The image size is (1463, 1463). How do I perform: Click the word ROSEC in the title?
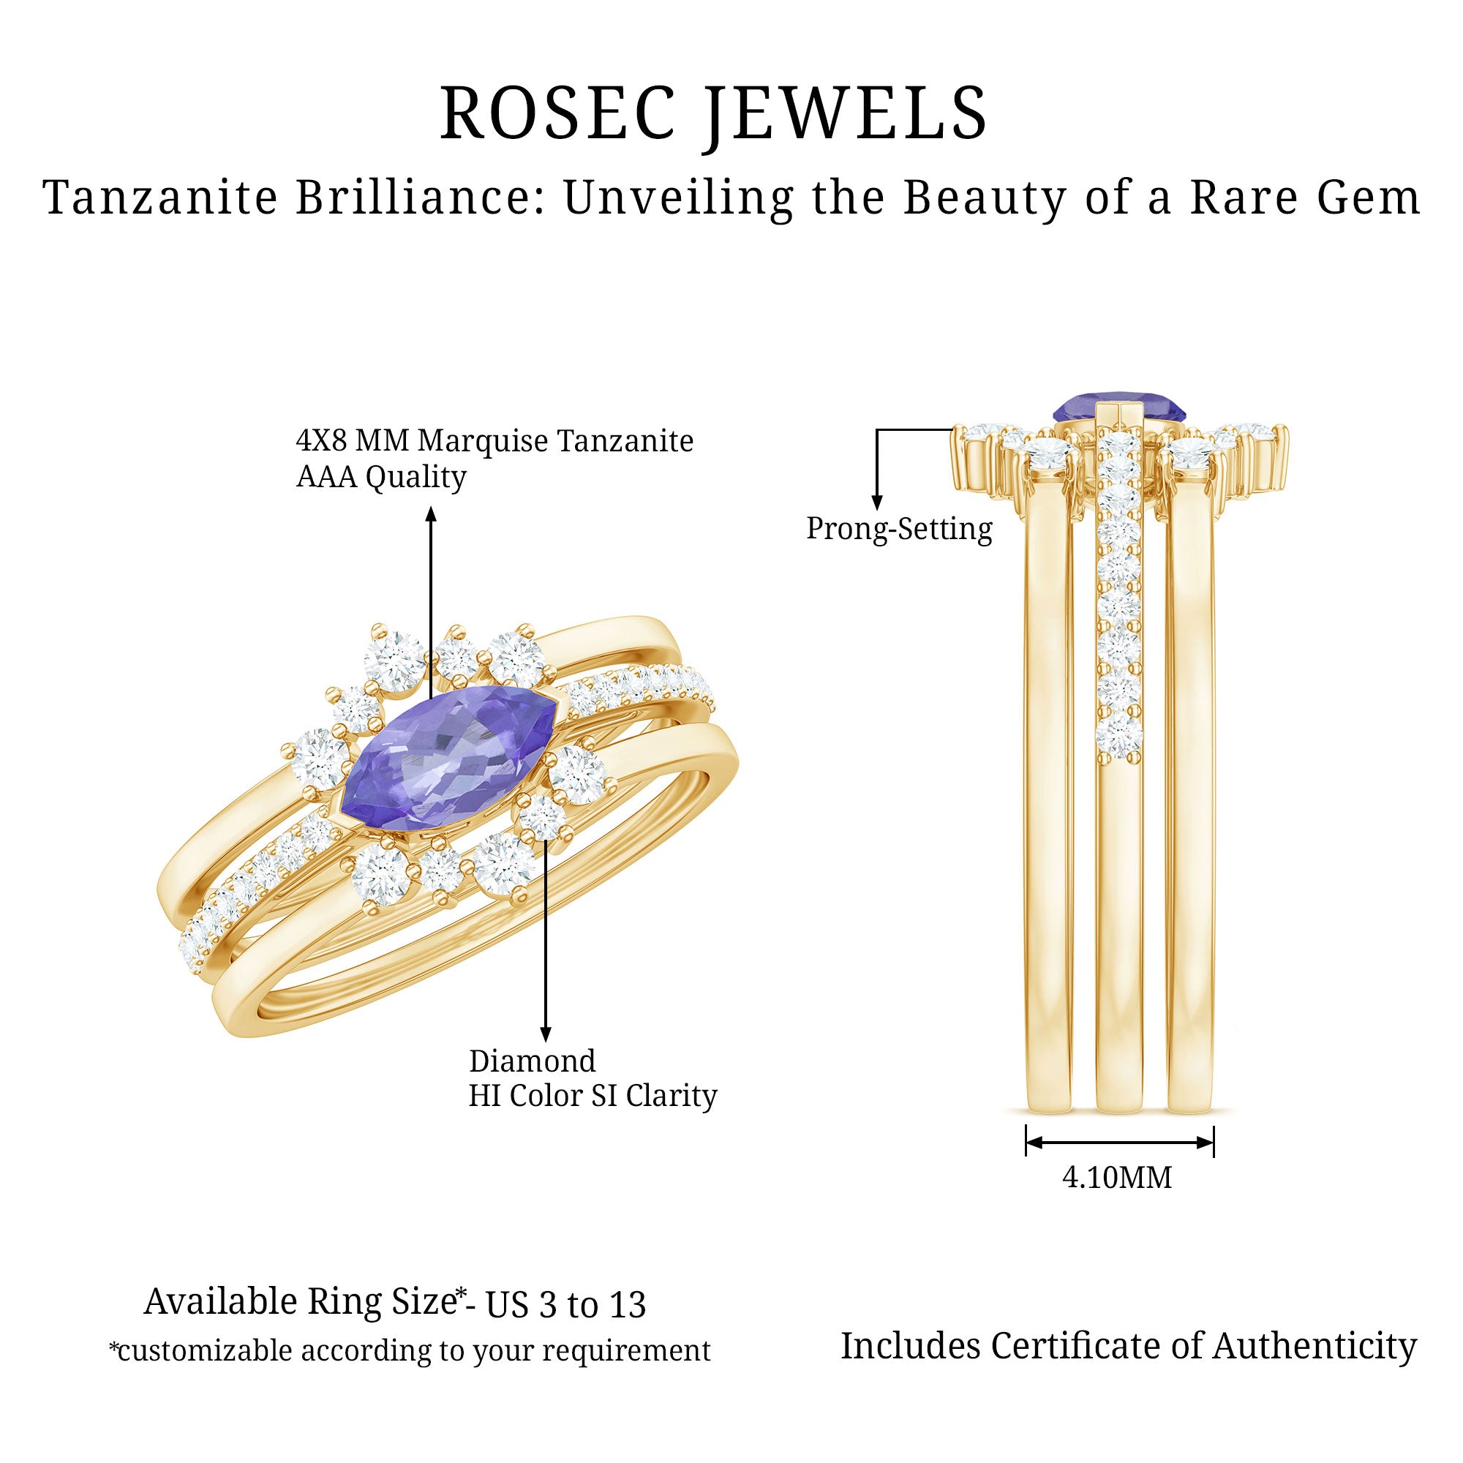coord(557,113)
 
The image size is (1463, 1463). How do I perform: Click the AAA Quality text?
coord(381,477)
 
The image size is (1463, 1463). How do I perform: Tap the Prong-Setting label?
coord(899,529)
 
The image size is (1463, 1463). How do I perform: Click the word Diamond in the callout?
coord(533,1061)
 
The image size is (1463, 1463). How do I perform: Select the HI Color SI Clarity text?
coord(593,1096)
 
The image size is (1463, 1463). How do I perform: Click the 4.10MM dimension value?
coord(1117,1178)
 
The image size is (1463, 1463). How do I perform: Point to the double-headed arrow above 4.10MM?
coord(1119,1143)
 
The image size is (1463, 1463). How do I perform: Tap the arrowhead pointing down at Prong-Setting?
coord(877,502)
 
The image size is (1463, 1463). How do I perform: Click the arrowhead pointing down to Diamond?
coord(545,1034)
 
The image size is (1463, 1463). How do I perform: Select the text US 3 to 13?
coord(565,1305)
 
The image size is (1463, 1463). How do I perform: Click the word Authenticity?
coord(1315,1347)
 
